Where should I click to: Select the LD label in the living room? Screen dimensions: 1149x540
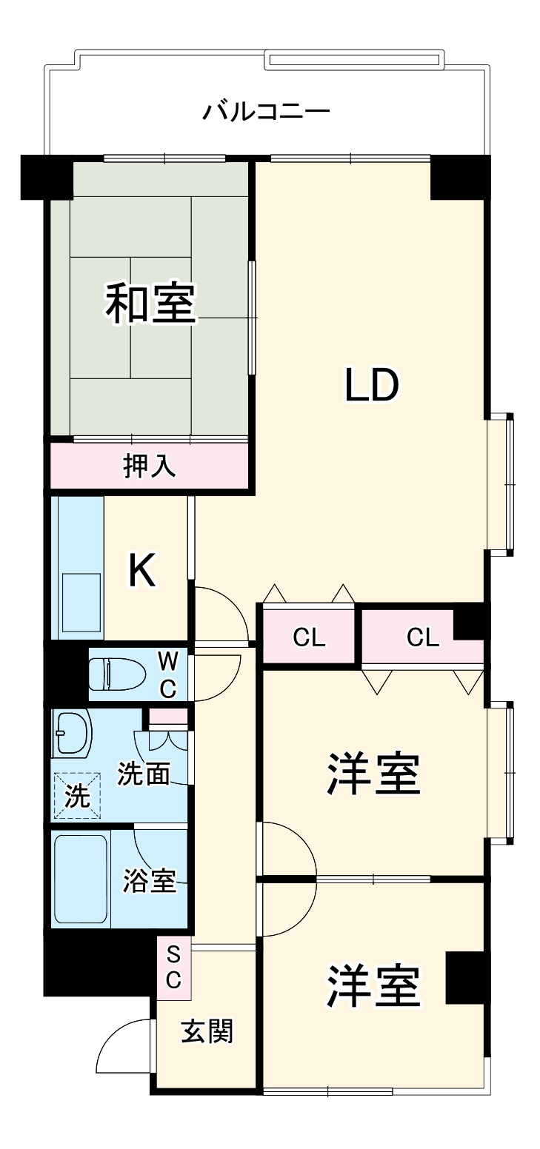372,385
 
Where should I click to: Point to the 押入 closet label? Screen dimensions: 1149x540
149,466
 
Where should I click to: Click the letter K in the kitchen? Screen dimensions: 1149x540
143,570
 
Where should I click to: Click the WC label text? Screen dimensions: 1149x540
169,674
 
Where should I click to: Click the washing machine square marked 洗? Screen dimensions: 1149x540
76,794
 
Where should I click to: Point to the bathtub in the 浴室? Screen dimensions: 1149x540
81,879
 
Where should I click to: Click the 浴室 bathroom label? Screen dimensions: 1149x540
149,881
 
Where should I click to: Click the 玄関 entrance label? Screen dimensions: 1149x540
207,1031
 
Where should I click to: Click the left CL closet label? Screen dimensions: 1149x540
309,637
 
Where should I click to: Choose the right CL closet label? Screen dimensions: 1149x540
423,637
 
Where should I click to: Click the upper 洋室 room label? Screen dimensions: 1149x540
374,774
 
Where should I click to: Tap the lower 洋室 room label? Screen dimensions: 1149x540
374,986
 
